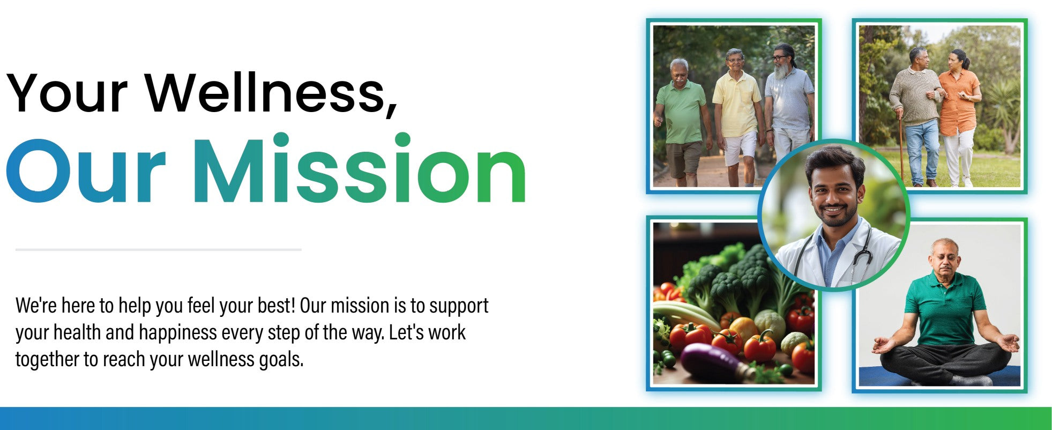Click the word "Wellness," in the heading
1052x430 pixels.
click(x=271, y=92)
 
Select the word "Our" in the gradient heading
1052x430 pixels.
click(x=86, y=171)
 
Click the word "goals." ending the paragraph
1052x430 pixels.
click(x=281, y=360)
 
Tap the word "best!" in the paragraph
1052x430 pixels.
click(x=277, y=305)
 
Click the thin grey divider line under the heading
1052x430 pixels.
click(x=159, y=249)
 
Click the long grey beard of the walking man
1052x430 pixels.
click(x=782, y=70)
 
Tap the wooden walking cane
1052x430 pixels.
click(x=901, y=145)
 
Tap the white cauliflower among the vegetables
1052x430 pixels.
click(x=770, y=324)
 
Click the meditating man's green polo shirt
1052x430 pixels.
click(x=944, y=308)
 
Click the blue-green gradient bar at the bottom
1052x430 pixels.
click(x=526, y=418)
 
